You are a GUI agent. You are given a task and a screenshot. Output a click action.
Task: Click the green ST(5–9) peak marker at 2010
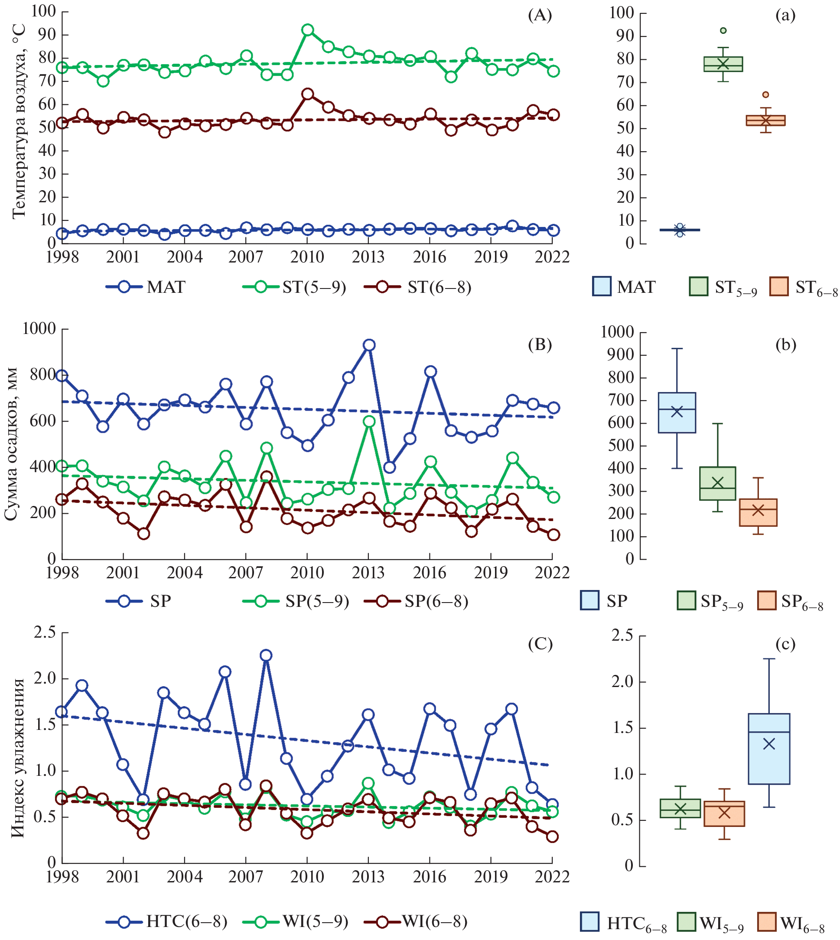pyautogui.click(x=307, y=30)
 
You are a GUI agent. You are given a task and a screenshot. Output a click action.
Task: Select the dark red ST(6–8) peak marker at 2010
pyautogui.click(x=307, y=94)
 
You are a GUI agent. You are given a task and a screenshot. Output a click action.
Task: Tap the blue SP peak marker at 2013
pyautogui.click(x=369, y=345)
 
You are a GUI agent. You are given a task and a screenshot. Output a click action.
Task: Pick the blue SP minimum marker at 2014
pyautogui.click(x=389, y=467)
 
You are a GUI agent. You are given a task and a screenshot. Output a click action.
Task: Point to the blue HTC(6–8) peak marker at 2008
pyautogui.click(x=266, y=655)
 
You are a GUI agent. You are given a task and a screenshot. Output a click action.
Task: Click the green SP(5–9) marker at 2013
pyautogui.click(x=369, y=421)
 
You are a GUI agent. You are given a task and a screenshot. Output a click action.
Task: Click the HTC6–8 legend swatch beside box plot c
pyautogui.click(x=589, y=921)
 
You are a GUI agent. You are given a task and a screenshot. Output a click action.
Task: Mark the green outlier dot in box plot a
pyautogui.click(x=723, y=30)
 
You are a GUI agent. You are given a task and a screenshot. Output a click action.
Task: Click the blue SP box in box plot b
pyautogui.click(x=677, y=412)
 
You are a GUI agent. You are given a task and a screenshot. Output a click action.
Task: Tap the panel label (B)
pyautogui.click(x=540, y=344)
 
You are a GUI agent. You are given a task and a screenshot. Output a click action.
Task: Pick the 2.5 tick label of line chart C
pyautogui.click(x=44, y=632)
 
